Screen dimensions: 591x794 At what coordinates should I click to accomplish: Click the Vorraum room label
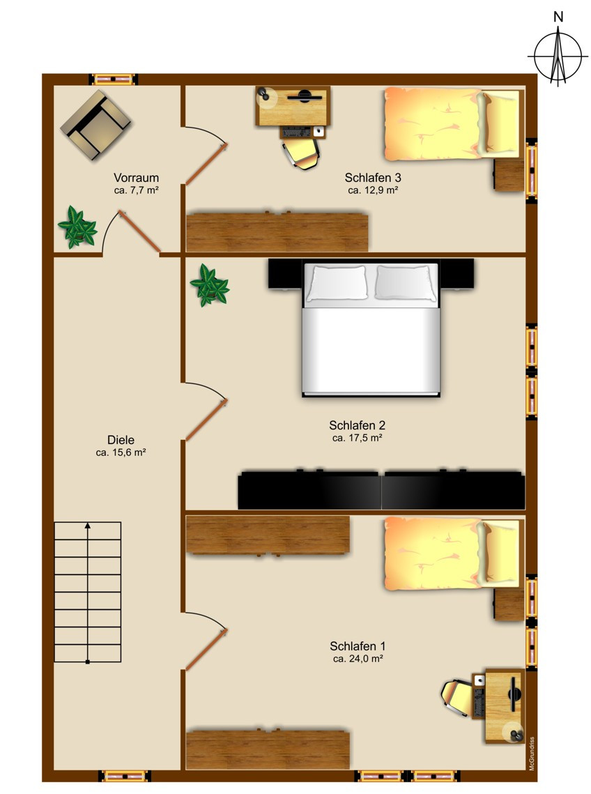(x=136, y=178)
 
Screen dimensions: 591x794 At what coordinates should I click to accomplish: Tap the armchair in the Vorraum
(x=95, y=125)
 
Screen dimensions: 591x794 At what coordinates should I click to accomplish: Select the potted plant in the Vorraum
(x=77, y=227)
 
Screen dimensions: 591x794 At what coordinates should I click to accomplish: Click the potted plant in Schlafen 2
(x=209, y=285)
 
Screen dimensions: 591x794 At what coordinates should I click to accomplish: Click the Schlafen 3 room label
(x=373, y=178)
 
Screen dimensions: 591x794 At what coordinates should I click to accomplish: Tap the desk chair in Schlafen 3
(x=301, y=153)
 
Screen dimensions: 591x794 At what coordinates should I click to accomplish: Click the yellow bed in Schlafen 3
(x=452, y=123)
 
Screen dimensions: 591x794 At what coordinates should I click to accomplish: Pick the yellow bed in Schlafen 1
(x=452, y=553)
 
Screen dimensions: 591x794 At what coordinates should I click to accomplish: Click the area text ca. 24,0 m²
(x=358, y=659)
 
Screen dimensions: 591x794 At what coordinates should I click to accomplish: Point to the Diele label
(x=121, y=440)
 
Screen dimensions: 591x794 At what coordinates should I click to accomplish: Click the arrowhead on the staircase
(x=88, y=526)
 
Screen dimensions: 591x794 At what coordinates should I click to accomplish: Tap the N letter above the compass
(x=558, y=17)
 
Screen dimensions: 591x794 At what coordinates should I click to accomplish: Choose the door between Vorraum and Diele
(x=140, y=231)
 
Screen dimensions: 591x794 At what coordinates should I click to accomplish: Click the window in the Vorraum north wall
(x=114, y=79)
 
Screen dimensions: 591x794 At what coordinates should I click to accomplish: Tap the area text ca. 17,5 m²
(x=357, y=438)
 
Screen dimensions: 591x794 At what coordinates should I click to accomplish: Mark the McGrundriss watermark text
(x=532, y=754)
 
